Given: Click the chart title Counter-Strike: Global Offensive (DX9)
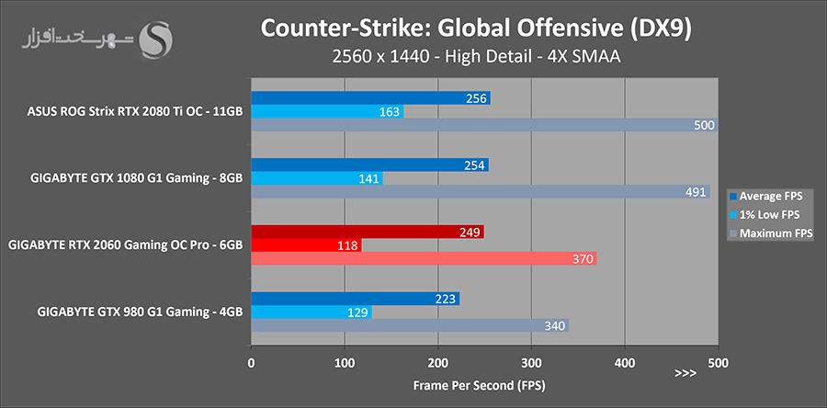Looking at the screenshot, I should [476, 27].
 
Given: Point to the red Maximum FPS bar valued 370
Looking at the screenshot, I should [424, 259].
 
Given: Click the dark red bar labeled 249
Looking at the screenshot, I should [368, 232].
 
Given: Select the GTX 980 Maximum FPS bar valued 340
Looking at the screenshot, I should [410, 325].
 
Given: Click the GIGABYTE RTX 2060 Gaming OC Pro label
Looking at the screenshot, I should [125, 245].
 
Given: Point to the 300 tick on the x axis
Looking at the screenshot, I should [531, 361].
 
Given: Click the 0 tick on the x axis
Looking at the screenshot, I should [251, 361].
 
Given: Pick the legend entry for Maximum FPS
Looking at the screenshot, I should [771, 233].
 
